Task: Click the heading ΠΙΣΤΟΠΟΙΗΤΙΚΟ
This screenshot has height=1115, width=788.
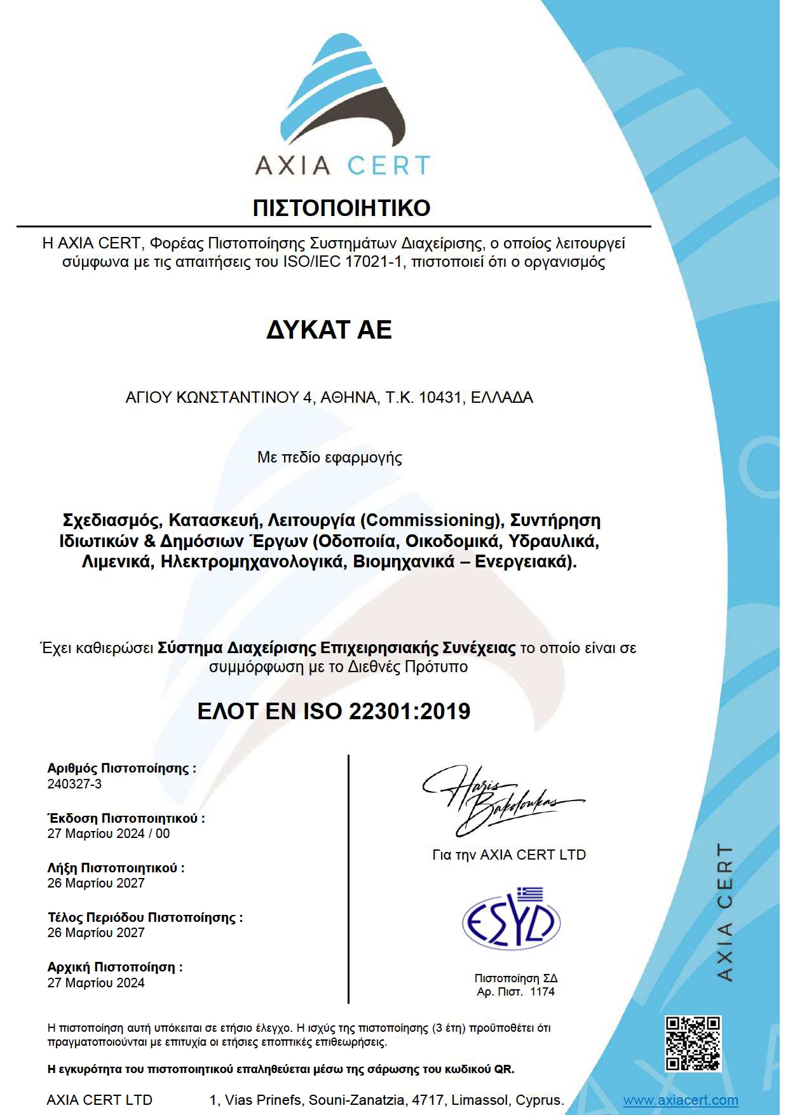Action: click(x=341, y=208)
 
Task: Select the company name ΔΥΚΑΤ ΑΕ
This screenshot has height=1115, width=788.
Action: click(x=329, y=330)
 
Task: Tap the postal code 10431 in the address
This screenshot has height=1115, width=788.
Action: click(x=440, y=398)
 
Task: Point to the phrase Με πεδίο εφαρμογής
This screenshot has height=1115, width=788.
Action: click(x=329, y=457)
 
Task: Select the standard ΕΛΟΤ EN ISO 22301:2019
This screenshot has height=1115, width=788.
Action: click(x=334, y=711)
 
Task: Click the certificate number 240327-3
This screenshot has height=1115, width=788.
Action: click(x=74, y=784)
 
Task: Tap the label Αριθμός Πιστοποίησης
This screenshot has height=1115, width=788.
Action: click(x=121, y=768)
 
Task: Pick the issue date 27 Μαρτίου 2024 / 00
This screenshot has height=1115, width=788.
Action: click(x=109, y=834)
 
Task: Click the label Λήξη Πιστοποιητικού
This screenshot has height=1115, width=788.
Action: click(x=116, y=868)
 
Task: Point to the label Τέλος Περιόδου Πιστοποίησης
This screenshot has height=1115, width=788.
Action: click(x=145, y=917)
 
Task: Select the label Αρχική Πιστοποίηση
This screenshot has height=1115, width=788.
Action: click(x=115, y=967)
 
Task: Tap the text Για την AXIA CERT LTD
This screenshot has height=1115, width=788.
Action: click(x=508, y=855)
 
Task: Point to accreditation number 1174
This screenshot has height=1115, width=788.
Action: click(x=542, y=992)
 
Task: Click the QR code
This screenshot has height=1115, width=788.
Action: click(x=693, y=1043)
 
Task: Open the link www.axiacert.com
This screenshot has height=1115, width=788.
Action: click(x=680, y=1100)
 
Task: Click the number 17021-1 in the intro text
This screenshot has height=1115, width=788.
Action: click(x=374, y=262)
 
